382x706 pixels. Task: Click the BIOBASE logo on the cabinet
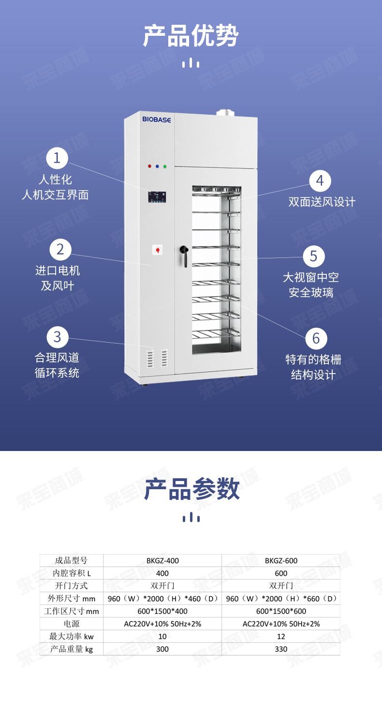pos(157,120)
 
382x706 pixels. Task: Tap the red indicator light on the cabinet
pos(149,166)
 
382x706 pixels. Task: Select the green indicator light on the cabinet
pos(165,166)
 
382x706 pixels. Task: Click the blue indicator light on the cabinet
pos(157,166)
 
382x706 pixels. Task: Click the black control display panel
pos(157,197)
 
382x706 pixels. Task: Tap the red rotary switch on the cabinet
pos(158,250)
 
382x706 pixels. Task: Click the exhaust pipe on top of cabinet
pos(225,113)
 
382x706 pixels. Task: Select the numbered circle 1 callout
pos(57,158)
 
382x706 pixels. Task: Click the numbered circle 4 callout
pos(320,181)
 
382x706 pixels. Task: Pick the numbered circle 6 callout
pos(316,339)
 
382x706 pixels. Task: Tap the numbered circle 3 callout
pos(58,337)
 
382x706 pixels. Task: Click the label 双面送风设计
pos(322,202)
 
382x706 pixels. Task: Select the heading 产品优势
pos(191,35)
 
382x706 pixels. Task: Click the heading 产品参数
pos(192,489)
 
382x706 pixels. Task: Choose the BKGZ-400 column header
pos(162,561)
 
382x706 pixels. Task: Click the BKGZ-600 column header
pos(281,561)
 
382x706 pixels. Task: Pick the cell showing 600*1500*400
pos(162,611)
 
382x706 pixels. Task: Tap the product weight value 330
pos(281,649)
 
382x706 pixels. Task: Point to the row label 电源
pos(72,624)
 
